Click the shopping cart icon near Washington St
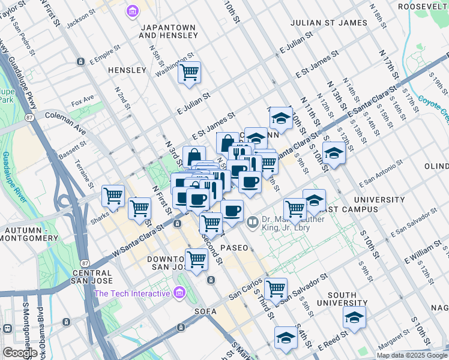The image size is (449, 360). tap(190, 73)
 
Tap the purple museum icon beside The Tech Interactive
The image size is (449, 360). tap(178, 293)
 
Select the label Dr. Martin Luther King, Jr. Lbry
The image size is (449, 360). tap(294, 224)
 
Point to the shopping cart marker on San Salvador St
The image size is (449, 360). tap(276, 289)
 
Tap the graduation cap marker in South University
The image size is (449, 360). tap(354, 317)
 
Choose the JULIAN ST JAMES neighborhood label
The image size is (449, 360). tap(328, 23)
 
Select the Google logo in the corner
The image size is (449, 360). tap(20, 353)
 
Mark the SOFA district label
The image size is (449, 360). tap(205, 311)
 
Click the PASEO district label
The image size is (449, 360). tap(234, 247)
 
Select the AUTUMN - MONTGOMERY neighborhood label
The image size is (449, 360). tap(29, 234)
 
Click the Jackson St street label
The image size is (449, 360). tap(82, 22)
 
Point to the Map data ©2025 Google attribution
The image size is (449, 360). tap(411, 355)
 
